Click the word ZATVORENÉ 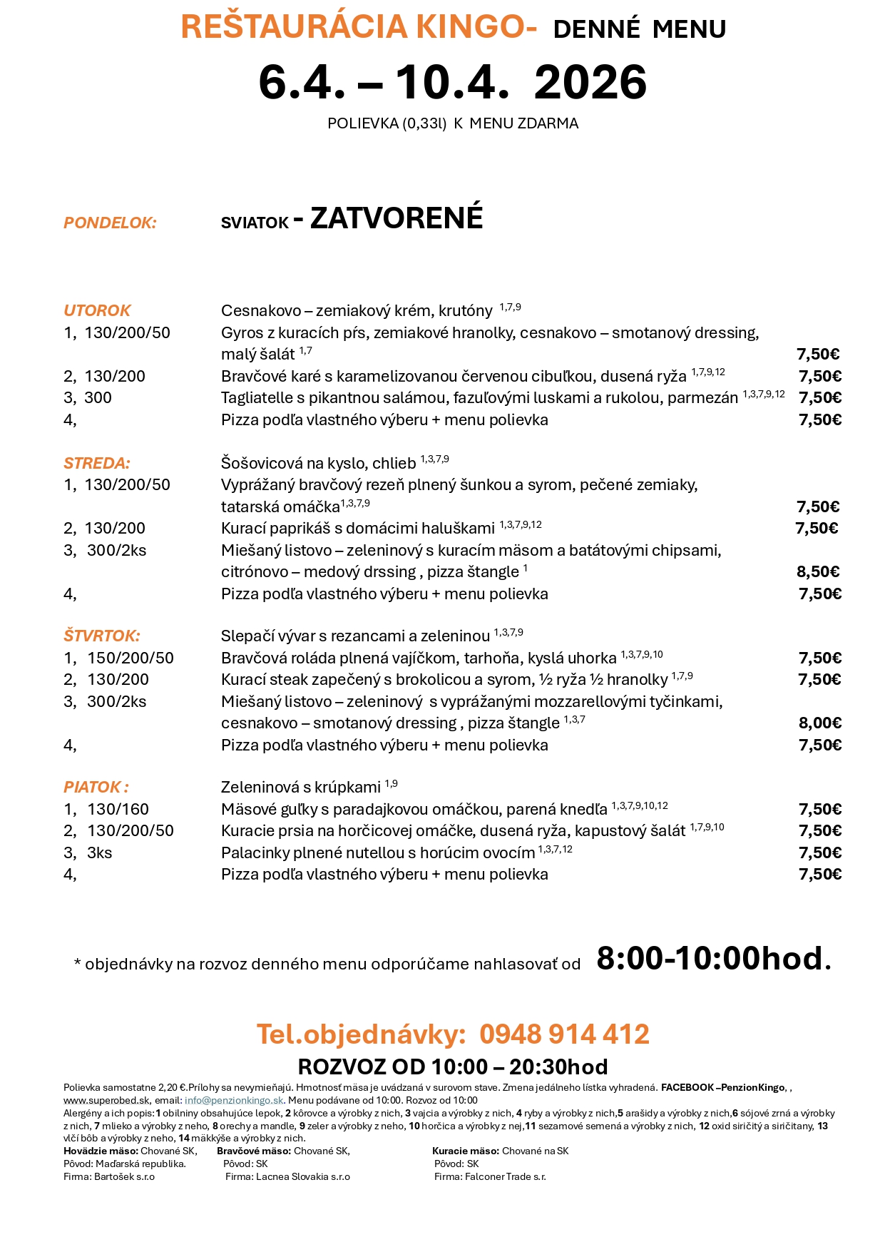tap(397, 218)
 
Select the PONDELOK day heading tap(110, 223)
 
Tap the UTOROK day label tap(97, 310)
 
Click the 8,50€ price tap(818, 571)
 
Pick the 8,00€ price tap(819, 723)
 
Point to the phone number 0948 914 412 tap(563, 1034)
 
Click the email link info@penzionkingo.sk tap(234, 1100)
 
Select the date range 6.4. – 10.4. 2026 tap(452, 82)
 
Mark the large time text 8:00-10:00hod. tap(713, 958)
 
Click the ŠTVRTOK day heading tap(101, 636)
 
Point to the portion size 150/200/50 tap(131, 658)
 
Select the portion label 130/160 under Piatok tap(118, 809)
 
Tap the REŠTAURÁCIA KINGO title tap(358, 27)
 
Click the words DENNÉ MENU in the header tap(639, 29)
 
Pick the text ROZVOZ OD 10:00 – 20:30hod tap(452, 1067)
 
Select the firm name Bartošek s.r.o tap(124, 1176)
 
